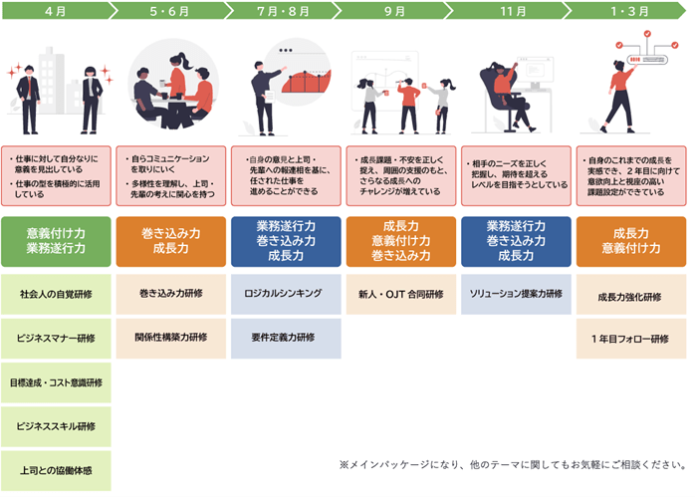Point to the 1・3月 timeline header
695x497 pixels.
(629, 11)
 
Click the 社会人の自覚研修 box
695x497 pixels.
(56, 295)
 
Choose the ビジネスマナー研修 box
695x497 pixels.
(56, 339)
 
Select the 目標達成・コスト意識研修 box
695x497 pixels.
(56, 382)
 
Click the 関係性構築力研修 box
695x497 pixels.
(170, 339)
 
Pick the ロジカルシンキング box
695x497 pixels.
(285, 295)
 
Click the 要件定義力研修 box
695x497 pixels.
(285, 339)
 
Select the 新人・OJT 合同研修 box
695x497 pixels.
(400, 295)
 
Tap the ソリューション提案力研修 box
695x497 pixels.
(516, 295)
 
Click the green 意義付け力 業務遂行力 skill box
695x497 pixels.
(56, 240)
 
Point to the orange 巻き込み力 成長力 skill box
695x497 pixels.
(170, 240)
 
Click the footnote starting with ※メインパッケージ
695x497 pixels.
(512, 465)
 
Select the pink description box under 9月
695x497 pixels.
(400, 176)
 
